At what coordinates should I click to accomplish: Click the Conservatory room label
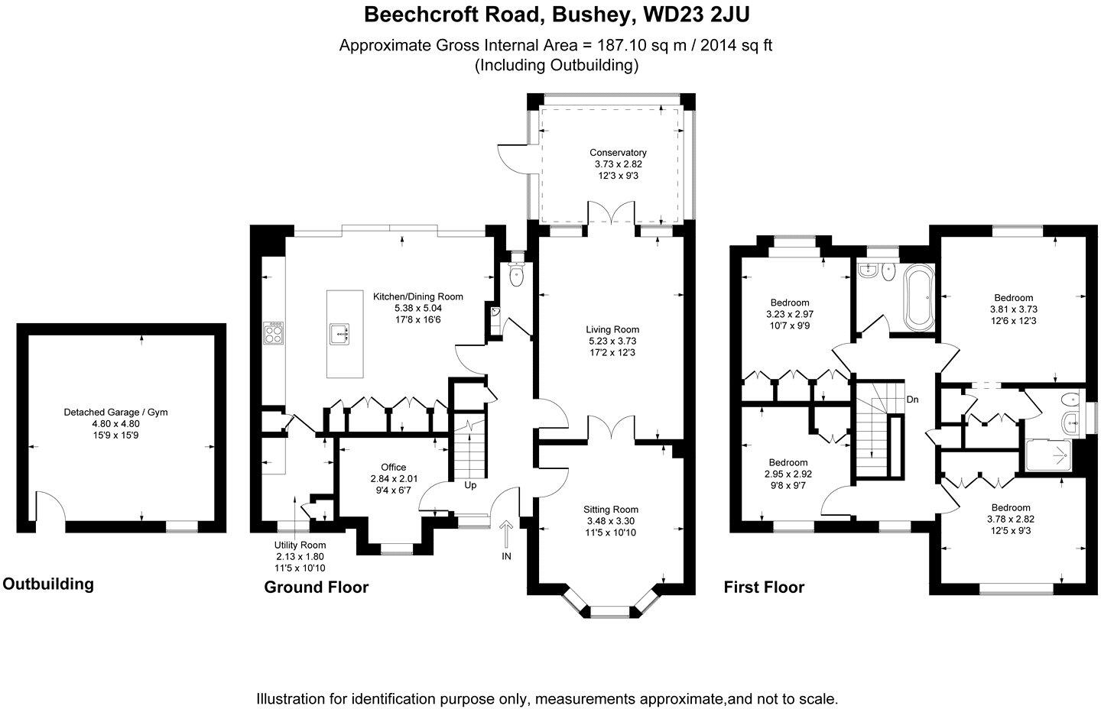[x=618, y=153]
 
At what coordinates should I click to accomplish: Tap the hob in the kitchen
[x=273, y=333]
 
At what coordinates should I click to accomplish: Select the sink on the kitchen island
[x=339, y=335]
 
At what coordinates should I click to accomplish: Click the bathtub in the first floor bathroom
[x=920, y=297]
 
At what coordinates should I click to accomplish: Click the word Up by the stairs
[x=470, y=486]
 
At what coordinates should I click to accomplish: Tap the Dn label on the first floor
[x=912, y=400]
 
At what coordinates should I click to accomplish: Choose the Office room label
[x=393, y=468]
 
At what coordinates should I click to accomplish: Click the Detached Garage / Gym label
[x=115, y=413]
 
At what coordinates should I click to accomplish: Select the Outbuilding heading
[x=48, y=584]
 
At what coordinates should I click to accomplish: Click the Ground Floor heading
[x=316, y=588]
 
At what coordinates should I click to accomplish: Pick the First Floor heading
[x=764, y=588]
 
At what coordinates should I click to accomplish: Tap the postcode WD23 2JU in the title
[x=697, y=15]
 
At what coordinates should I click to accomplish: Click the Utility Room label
[x=300, y=545]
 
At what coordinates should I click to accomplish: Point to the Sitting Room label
[x=611, y=510]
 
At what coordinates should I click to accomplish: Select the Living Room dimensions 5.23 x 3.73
[x=612, y=342]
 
